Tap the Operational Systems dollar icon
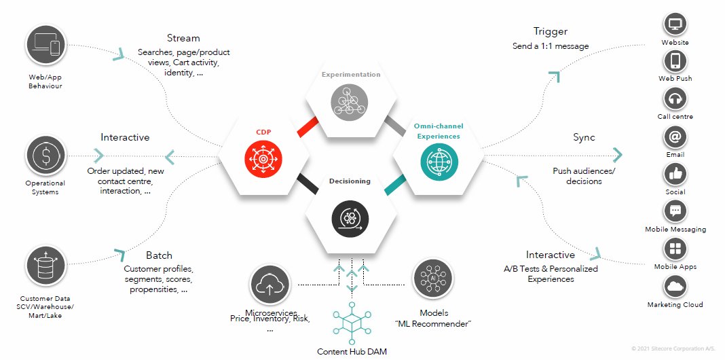[46, 156]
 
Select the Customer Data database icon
[46, 267]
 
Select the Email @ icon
[675, 137]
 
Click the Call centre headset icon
[675, 99]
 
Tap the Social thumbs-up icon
[675, 174]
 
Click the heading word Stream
[183, 38]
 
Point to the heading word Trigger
[550, 31]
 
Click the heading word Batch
[159, 255]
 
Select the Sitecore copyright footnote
[674, 348]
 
